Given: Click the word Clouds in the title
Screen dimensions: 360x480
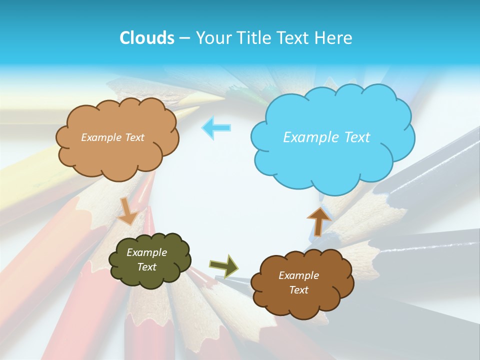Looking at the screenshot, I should point(146,38).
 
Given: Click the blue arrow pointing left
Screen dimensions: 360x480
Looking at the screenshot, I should point(216,127).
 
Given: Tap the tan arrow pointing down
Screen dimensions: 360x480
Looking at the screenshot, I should point(127,211).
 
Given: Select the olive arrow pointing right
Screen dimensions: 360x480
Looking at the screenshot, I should point(223,265).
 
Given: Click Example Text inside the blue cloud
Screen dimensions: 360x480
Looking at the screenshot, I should point(326,137).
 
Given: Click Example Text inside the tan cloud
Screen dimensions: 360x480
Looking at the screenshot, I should point(112,137).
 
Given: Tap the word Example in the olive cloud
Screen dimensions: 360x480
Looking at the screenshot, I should point(146,252).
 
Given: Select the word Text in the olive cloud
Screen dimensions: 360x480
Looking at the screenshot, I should point(146,267).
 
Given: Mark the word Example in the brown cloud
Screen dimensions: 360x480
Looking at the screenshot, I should point(298,275).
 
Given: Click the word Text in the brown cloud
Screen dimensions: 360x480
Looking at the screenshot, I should point(298,290).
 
